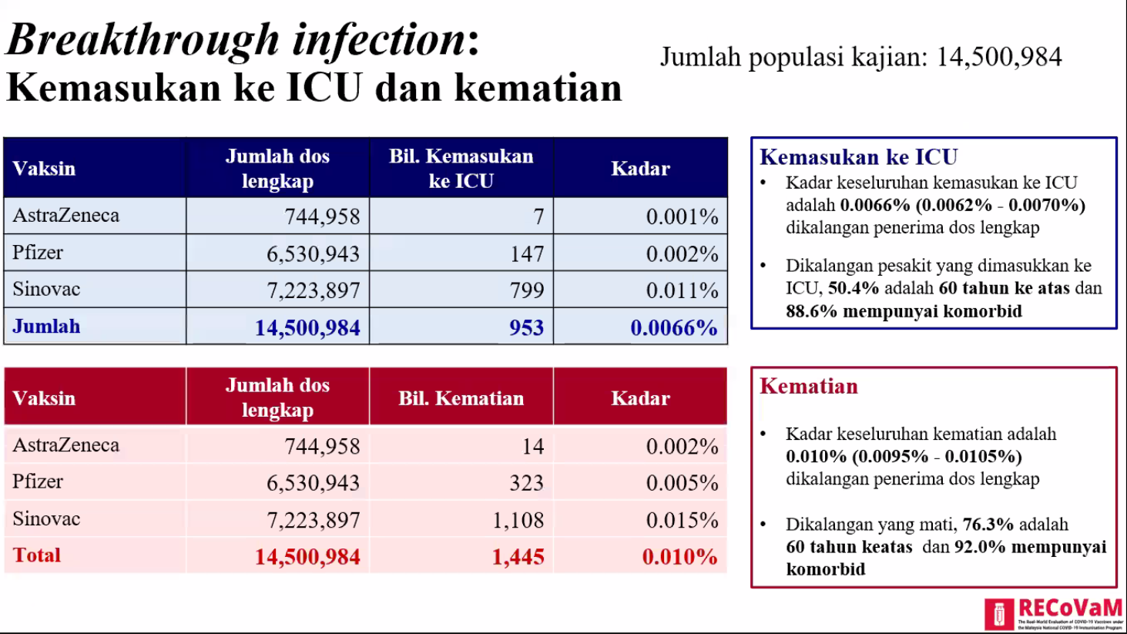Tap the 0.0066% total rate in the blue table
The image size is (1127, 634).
(673, 327)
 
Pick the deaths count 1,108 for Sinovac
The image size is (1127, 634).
(518, 520)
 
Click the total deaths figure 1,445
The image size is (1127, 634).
(518, 556)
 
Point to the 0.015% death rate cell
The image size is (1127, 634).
(682, 520)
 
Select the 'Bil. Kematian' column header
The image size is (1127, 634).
(461, 398)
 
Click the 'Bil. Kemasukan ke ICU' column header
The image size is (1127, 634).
(461, 168)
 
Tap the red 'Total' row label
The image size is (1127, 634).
(36, 555)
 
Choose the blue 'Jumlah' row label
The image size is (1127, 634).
(46, 327)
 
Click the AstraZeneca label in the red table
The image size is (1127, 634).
(66, 444)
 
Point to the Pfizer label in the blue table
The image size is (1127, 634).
(38, 253)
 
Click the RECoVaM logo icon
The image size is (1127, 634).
(999, 614)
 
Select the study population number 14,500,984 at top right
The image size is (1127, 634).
(999, 57)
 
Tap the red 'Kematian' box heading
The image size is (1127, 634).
(808, 386)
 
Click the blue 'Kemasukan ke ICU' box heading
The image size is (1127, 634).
(858, 157)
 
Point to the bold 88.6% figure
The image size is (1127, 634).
(811, 311)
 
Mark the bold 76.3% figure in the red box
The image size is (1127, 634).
(988, 525)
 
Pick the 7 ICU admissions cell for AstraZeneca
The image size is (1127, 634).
(538, 216)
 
